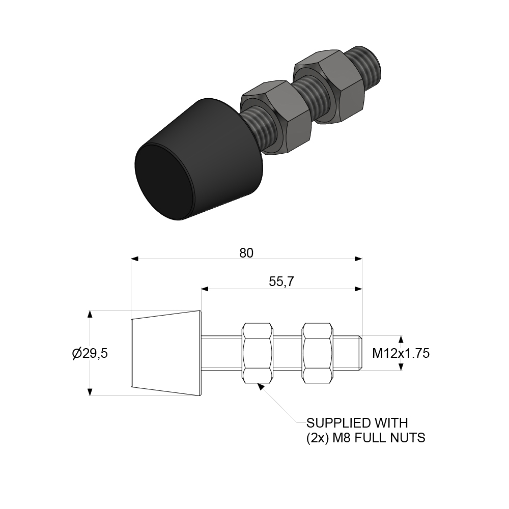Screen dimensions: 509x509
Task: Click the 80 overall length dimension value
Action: [x=246, y=253]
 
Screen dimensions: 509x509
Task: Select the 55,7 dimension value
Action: [x=281, y=282]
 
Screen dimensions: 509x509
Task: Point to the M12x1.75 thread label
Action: [x=401, y=353]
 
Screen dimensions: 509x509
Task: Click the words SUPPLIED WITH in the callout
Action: [x=357, y=422]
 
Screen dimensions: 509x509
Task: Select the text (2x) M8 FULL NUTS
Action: [x=365, y=437]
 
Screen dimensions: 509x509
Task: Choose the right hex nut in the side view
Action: [x=318, y=353]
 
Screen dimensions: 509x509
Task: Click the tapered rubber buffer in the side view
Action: [x=166, y=353]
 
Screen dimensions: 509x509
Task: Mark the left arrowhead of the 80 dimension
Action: [x=135, y=259]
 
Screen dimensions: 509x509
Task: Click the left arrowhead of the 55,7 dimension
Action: [x=205, y=289]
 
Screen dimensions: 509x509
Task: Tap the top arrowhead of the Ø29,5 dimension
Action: [x=91, y=314]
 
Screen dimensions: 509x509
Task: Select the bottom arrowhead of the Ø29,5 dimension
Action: [x=91, y=392]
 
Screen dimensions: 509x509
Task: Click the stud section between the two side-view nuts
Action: [x=288, y=353]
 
